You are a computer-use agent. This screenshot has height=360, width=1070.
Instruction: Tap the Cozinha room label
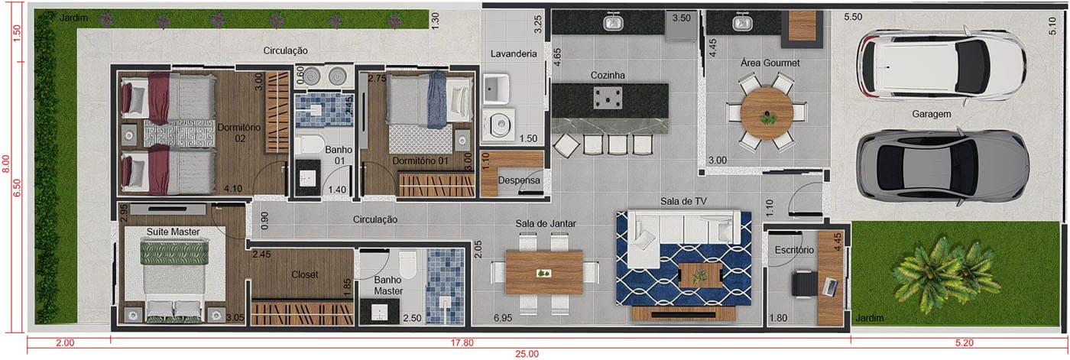pyautogui.click(x=608, y=75)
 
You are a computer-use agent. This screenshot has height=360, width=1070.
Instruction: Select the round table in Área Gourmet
pyautogui.click(x=767, y=113)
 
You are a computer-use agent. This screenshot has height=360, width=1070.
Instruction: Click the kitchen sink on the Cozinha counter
pyautogui.click(x=614, y=22)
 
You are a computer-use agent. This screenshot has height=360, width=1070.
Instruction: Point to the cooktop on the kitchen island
pyautogui.click(x=608, y=98)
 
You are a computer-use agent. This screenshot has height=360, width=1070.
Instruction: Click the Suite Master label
pyautogui.click(x=173, y=232)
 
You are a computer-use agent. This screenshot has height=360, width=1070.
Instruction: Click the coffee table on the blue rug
pyautogui.click(x=700, y=275)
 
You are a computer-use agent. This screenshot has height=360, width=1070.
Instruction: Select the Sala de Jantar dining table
pyautogui.click(x=544, y=272)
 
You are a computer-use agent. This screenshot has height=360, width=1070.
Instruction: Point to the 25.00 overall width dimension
pyautogui.click(x=527, y=354)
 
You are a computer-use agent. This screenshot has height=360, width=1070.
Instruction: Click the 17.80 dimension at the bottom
pyautogui.click(x=462, y=343)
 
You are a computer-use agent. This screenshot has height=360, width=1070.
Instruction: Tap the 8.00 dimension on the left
pyautogui.click(x=6, y=164)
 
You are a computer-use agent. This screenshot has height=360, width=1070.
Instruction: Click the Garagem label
pyautogui.click(x=931, y=114)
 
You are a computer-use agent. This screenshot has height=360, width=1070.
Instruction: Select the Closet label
pyautogui.click(x=305, y=274)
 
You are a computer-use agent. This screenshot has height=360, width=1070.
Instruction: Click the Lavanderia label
pyautogui.click(x=514, y=54)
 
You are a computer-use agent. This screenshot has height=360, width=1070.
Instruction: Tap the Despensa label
pyautogui.click(x=519, y=180)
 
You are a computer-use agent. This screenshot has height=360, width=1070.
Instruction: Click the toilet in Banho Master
pyautogui.click(x=408, y=265)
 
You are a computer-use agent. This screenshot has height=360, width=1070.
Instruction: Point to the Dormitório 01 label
pyautogui.click(x=420, y=161)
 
